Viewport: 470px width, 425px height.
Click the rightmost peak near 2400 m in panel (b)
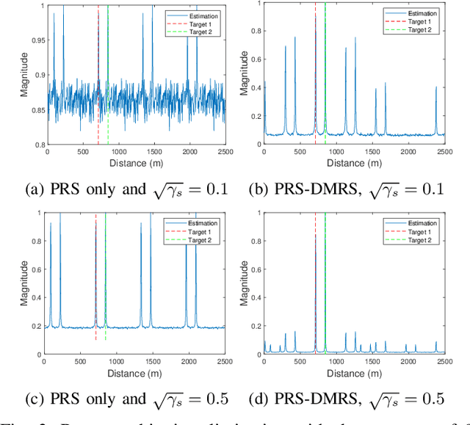click(435, 110)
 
